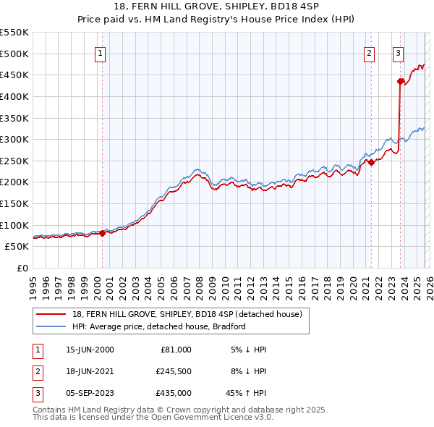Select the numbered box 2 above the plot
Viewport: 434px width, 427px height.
click(369, 52)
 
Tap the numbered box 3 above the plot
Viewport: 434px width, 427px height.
click(398, 52)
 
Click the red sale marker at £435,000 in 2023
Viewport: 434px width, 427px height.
click(400, 81)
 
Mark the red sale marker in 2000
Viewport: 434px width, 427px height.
click(102, 233)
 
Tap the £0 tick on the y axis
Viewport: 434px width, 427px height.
click(22, 268)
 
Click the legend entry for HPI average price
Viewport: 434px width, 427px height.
click(159, 326)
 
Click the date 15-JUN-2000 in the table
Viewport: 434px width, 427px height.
click(90, 349)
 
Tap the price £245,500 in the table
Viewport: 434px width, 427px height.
click(174, 371)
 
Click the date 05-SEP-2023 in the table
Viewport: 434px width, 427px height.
click(90, 394)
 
